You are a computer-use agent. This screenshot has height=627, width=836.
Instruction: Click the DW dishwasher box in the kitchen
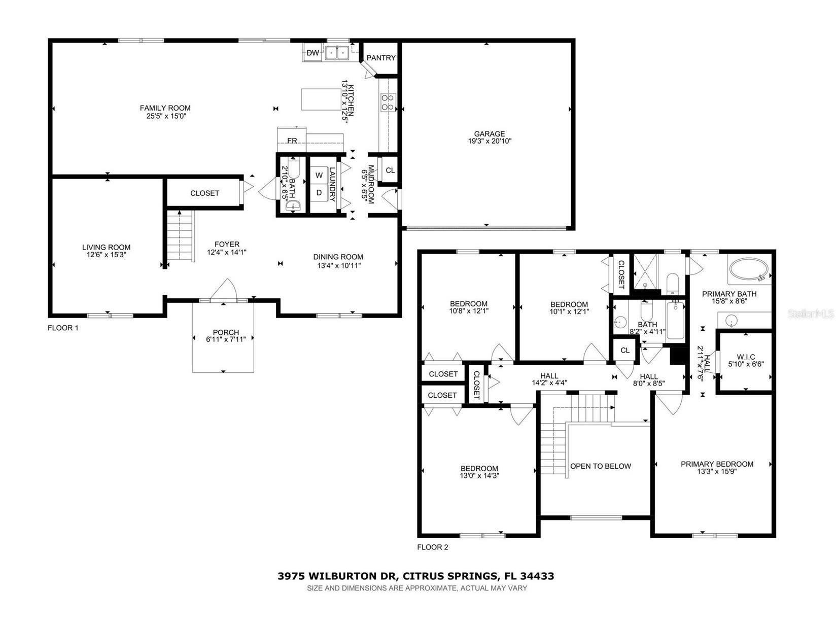(x=312, y=53)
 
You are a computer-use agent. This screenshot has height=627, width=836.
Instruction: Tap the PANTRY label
(x=381, y=58)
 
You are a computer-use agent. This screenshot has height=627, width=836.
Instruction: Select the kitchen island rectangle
(x=321, y=99)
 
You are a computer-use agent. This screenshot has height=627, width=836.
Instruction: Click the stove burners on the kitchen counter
(x=388, y=102)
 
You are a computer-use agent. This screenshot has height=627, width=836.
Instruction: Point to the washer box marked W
(x=319, y=176)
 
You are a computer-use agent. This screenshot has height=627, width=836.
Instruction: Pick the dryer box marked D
(x=319, y=193)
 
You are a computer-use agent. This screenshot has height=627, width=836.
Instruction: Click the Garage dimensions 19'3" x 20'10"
(x=490, y=142)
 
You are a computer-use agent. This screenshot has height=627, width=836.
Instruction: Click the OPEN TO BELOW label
(x=601, y=466)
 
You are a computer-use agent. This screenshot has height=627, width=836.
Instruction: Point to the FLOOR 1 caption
(x=63, y=328)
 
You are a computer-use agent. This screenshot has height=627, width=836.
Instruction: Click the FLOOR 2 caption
(x=432, y=547)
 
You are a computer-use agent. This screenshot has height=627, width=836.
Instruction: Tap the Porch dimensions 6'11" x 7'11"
(x=226, y=340)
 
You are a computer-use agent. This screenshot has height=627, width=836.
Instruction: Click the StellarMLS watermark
(x=811, y=315)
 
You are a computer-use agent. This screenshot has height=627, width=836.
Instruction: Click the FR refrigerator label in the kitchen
(x=292, y=141)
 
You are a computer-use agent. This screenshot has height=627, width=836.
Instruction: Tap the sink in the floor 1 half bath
(x=293, y=205)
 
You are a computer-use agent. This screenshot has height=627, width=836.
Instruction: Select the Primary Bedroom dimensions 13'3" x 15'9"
(x=717, y=472)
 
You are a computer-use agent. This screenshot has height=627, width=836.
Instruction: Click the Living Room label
(x=106, y=248)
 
